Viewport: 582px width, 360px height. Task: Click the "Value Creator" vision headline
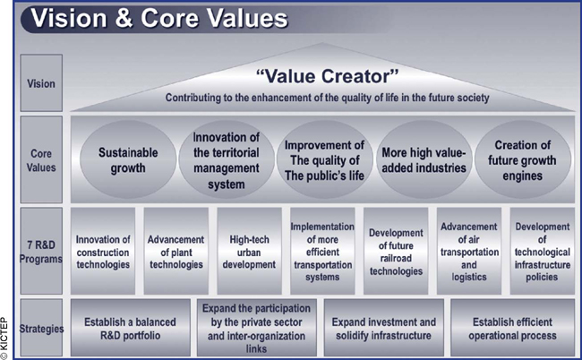coord(327,76)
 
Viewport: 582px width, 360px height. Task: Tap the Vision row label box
coord(41,82)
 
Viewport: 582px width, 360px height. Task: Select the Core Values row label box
coord(41,159)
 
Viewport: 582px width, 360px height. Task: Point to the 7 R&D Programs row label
coord(41,251)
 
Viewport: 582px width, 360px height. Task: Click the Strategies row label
coord(41,328)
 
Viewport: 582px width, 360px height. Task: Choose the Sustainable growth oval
coord(128,159)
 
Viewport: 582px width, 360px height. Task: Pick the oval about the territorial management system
coord(227,159)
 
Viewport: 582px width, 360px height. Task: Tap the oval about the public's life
coord(325,159)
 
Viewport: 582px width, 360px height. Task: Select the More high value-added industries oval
coord(424,159)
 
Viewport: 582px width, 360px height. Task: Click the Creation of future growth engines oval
coord(523,159)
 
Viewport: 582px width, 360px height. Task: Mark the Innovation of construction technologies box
coord(103,251)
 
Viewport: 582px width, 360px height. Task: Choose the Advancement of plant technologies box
coord(175,251)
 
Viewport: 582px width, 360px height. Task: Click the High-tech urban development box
coord(249,251)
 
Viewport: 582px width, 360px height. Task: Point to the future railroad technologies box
coord(396,251)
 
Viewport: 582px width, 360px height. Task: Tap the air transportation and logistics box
coord(469,251)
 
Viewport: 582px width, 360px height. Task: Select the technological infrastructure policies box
coord(543,251)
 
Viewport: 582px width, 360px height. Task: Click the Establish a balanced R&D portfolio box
coord(131,328)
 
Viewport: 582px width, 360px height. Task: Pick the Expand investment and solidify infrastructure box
coord(384,328)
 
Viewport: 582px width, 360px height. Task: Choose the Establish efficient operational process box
coord(512,328)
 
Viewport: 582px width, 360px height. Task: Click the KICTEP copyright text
coord(4,339)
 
